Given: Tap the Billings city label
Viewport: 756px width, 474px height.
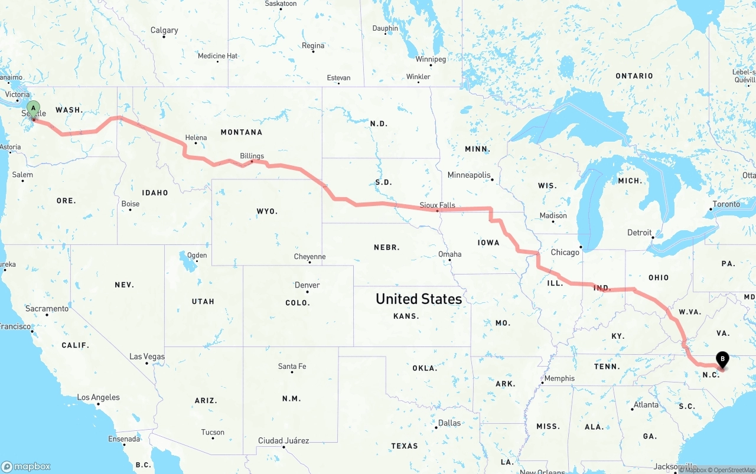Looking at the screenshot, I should coord(252,156).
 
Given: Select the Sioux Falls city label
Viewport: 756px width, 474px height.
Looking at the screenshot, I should coord(437,205).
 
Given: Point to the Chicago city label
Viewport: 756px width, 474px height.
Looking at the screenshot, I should coord(565,253).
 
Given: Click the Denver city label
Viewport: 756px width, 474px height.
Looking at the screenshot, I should coord(307,285).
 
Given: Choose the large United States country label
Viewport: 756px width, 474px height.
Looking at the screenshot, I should coord(419,299).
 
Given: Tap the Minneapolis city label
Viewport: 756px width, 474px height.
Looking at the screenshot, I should coord(469,175).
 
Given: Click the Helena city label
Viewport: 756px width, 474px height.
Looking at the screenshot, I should coord(196,138).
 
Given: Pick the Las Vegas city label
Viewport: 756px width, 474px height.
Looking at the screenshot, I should coord(147,357).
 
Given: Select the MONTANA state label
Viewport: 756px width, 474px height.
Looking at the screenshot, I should coord(242,132).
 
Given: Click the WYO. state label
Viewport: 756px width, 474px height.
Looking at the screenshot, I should coord(267,211).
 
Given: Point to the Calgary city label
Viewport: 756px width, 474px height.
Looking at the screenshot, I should coord(164,30).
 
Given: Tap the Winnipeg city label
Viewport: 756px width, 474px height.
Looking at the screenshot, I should coord(431,59).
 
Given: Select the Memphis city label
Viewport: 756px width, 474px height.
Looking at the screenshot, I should coord(559,378).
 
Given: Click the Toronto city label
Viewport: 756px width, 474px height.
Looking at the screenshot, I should coord(726,204).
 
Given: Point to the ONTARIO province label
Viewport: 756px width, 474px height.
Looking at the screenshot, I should coord(634,76).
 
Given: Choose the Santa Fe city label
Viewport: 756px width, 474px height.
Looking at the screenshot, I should coord(292,367).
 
